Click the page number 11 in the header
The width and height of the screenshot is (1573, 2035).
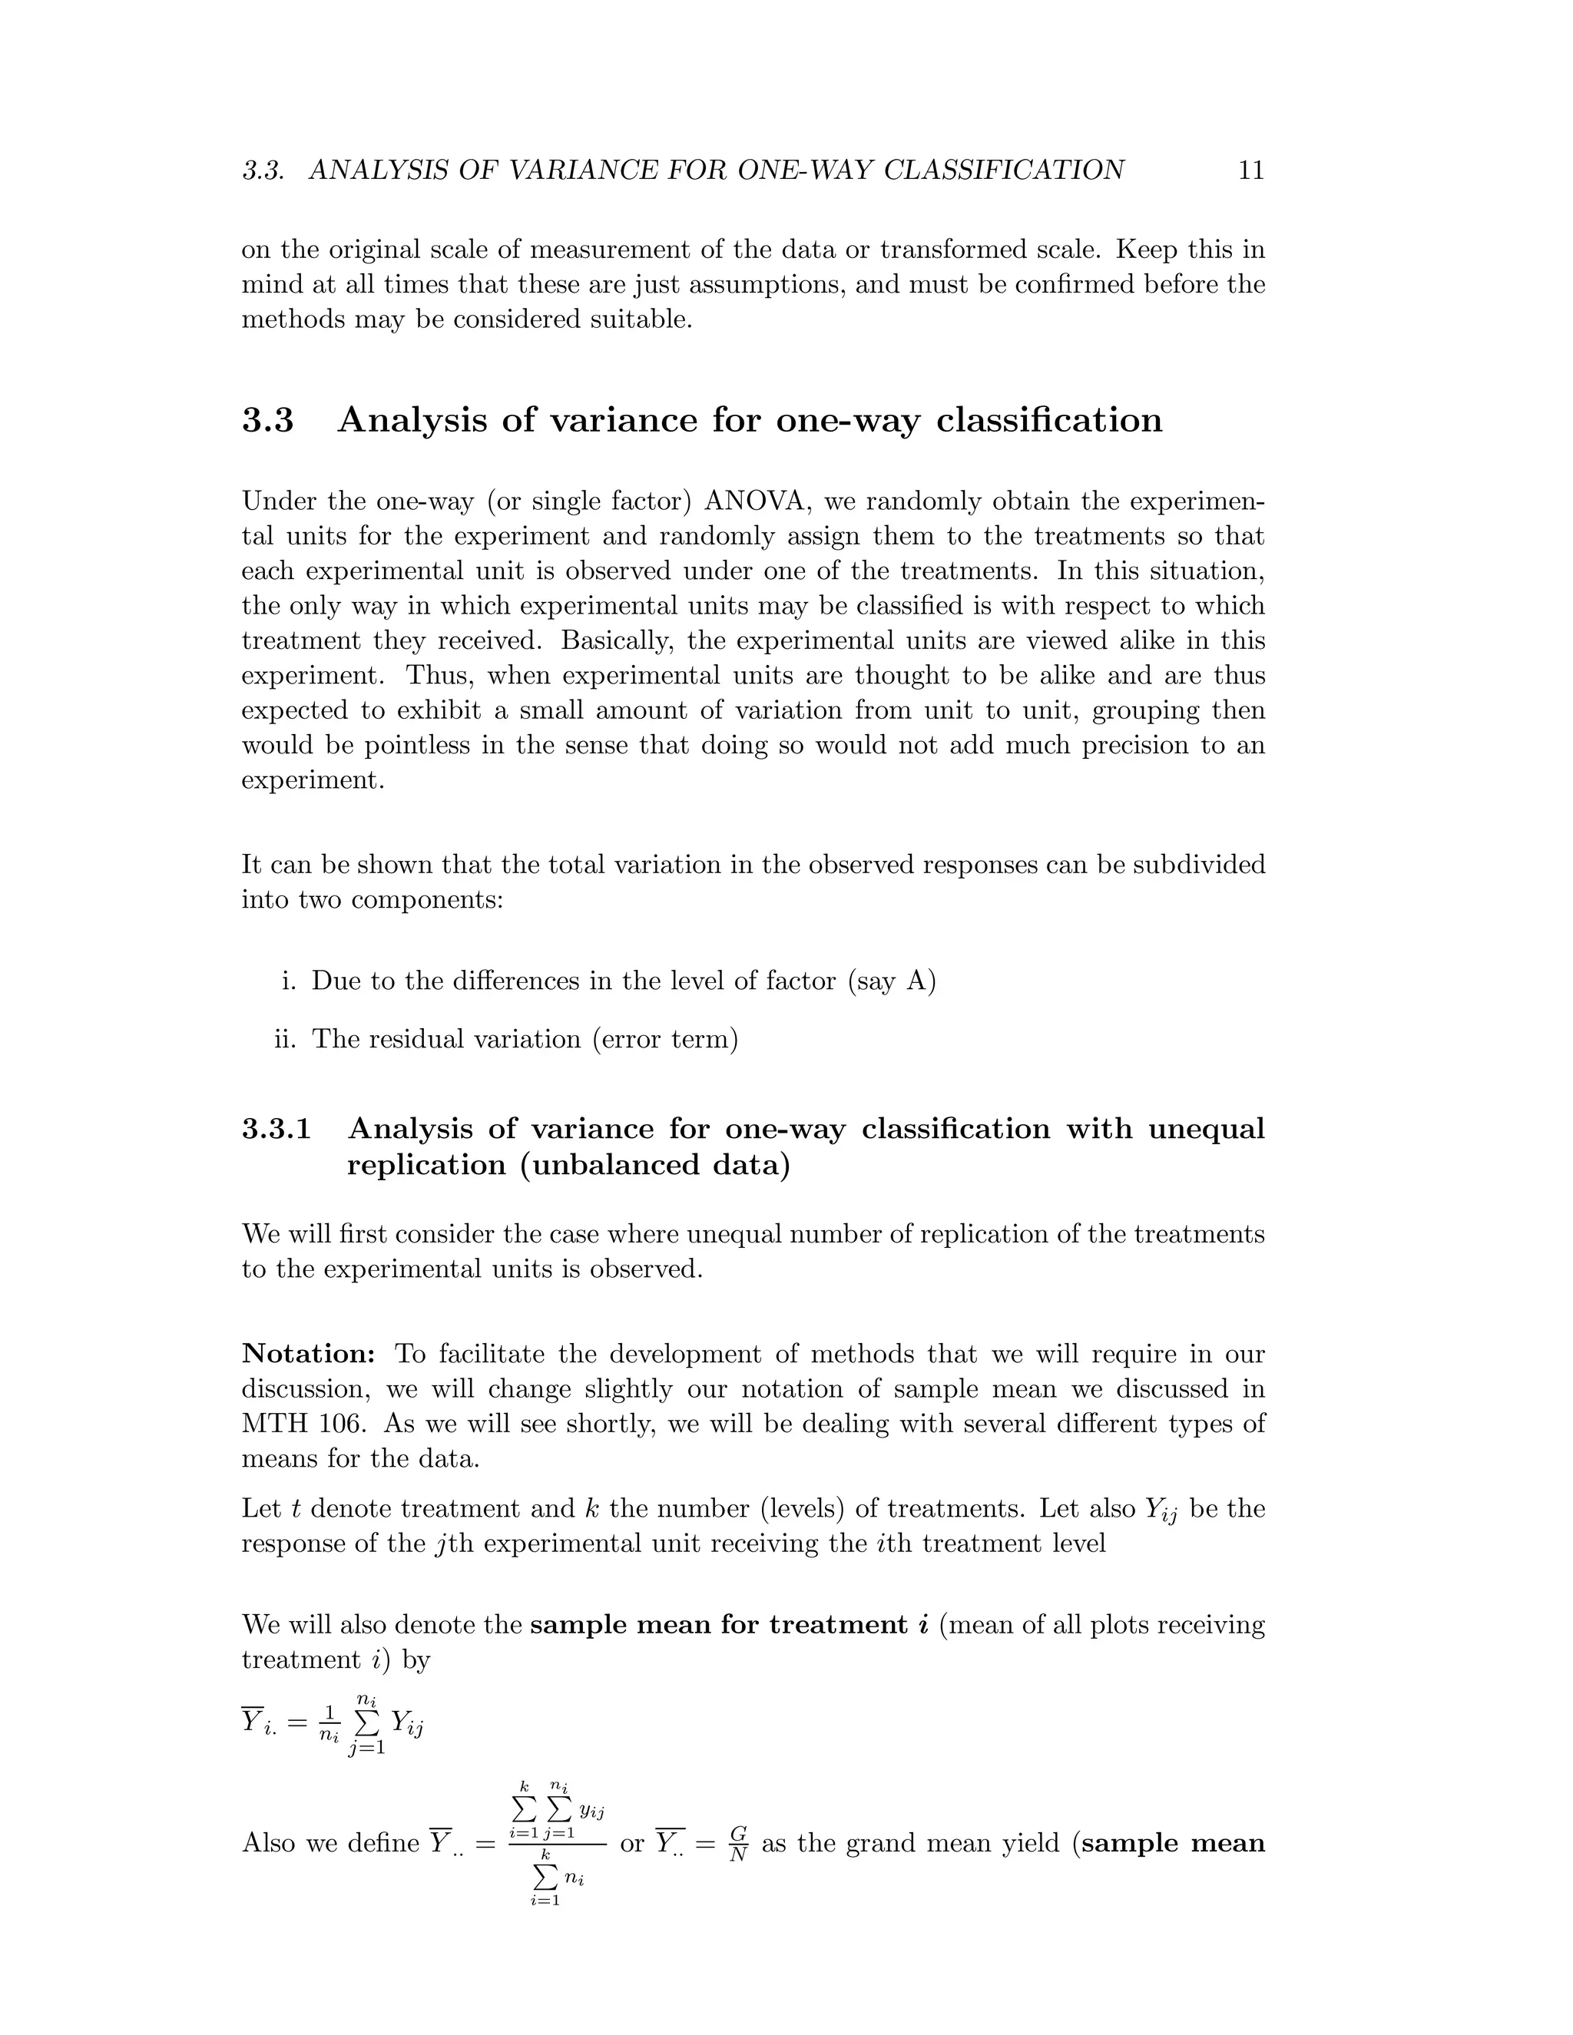coord(1250,170)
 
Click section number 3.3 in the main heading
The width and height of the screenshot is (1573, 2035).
coord(267,420)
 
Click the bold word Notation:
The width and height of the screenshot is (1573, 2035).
coord(309,1354)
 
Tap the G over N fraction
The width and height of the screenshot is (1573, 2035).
coord(738,1843)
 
